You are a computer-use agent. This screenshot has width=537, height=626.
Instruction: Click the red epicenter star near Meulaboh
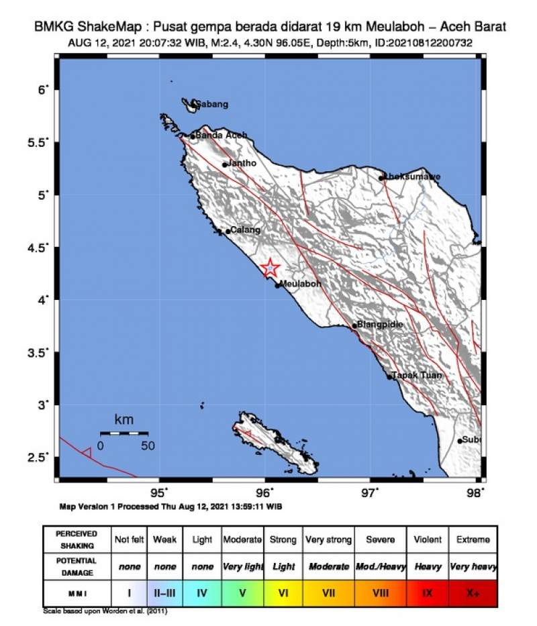[270, 268]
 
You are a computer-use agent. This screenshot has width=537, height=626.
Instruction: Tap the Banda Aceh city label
[222, 136]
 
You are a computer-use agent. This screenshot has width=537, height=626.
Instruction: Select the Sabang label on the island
[211, 104]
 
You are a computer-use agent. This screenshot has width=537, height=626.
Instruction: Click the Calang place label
[245, 230]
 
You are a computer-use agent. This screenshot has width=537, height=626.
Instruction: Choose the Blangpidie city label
[380, 325]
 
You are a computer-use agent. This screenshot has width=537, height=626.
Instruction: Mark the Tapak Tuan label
[417, 376]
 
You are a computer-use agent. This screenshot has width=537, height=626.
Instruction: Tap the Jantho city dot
[225, 164]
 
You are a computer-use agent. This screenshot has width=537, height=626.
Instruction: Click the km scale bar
[124, 433]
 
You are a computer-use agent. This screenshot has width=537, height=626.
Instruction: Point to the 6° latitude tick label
[42, 89]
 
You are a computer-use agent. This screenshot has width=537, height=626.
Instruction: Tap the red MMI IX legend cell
[428, 594]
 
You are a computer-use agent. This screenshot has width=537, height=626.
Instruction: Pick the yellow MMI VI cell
[283, 594]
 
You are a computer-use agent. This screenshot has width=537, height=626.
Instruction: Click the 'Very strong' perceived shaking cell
[328, 539]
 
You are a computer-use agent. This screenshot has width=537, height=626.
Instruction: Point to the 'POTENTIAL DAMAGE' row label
[77, 566]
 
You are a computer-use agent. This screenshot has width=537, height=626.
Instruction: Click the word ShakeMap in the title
[115, 28]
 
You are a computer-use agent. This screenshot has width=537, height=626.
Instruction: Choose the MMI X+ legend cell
[473, 594]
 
